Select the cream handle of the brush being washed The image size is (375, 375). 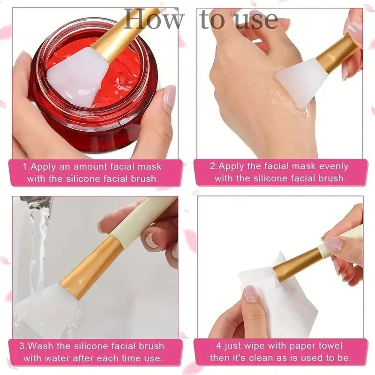click(x=141, y=216)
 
